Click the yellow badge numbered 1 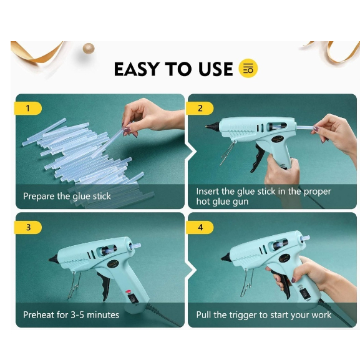(28, 108)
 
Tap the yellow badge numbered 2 (200, 108)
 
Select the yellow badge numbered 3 (28, 227)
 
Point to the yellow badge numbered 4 (200, 227)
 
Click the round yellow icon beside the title (248, 68)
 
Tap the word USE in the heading (216, 69)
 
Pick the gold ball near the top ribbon (89, 49)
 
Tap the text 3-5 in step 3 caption (77, 314)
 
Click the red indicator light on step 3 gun (128, 291)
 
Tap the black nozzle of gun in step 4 (226, 256)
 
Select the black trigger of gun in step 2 (257, 158)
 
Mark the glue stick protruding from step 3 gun (135, 246)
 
